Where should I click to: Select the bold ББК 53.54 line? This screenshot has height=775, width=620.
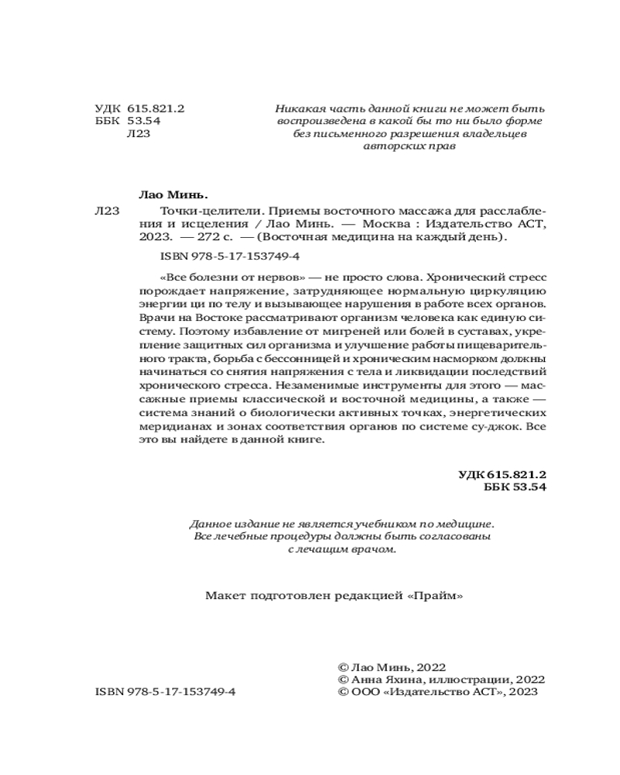pos(515,487)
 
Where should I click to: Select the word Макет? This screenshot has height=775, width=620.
pos(223,596)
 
